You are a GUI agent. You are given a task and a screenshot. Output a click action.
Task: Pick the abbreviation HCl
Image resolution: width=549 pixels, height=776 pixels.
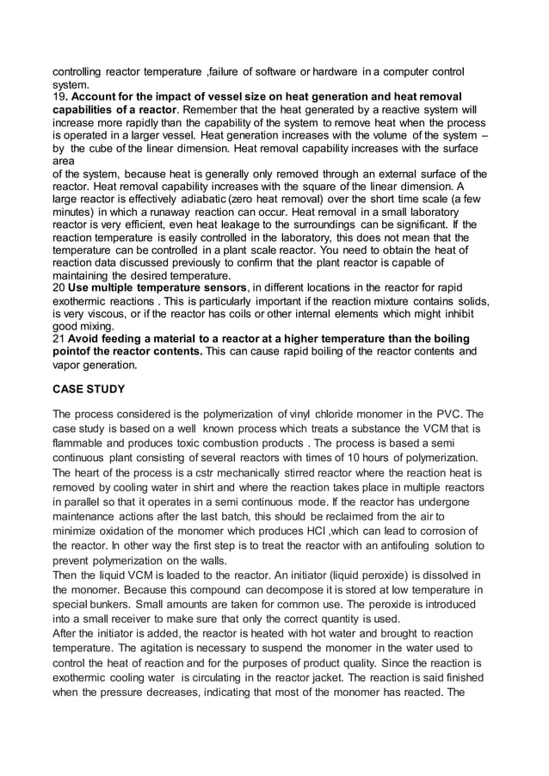coord(349,531)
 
